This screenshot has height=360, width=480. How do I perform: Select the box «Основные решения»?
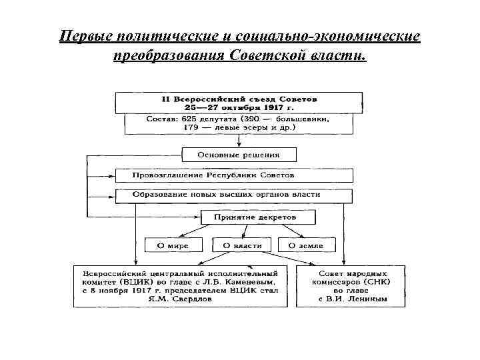click(x=238, y=155)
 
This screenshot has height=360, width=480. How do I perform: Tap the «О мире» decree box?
click(x=173, y=245)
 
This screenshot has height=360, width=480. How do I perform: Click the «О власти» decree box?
click(x=242, y=245)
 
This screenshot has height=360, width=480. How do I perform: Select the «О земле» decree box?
click(x=305, y=245)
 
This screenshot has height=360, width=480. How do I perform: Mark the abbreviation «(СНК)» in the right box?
click(x=383, y=282)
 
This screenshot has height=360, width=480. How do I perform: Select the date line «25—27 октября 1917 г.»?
click(x=239, y=107)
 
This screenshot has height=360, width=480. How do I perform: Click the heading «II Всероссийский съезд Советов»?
click(x=239, y=98)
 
